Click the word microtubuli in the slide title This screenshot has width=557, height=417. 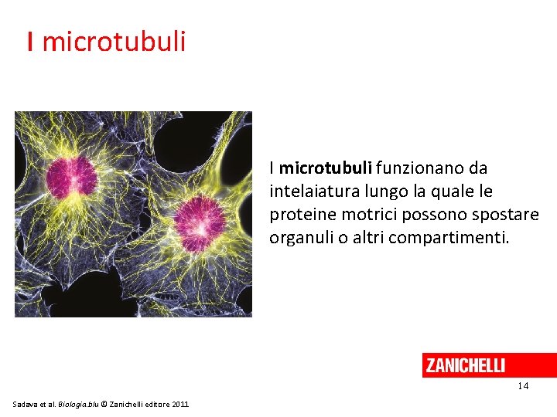[x=114, y=41]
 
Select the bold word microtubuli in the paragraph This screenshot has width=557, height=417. [x=326, y=168]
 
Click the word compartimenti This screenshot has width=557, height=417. [x=449, y=237]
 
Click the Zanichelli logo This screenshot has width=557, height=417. [x=465, y=365]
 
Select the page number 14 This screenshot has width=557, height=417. [x=523, y=386]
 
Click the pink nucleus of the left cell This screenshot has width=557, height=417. [x=72, y=178]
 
